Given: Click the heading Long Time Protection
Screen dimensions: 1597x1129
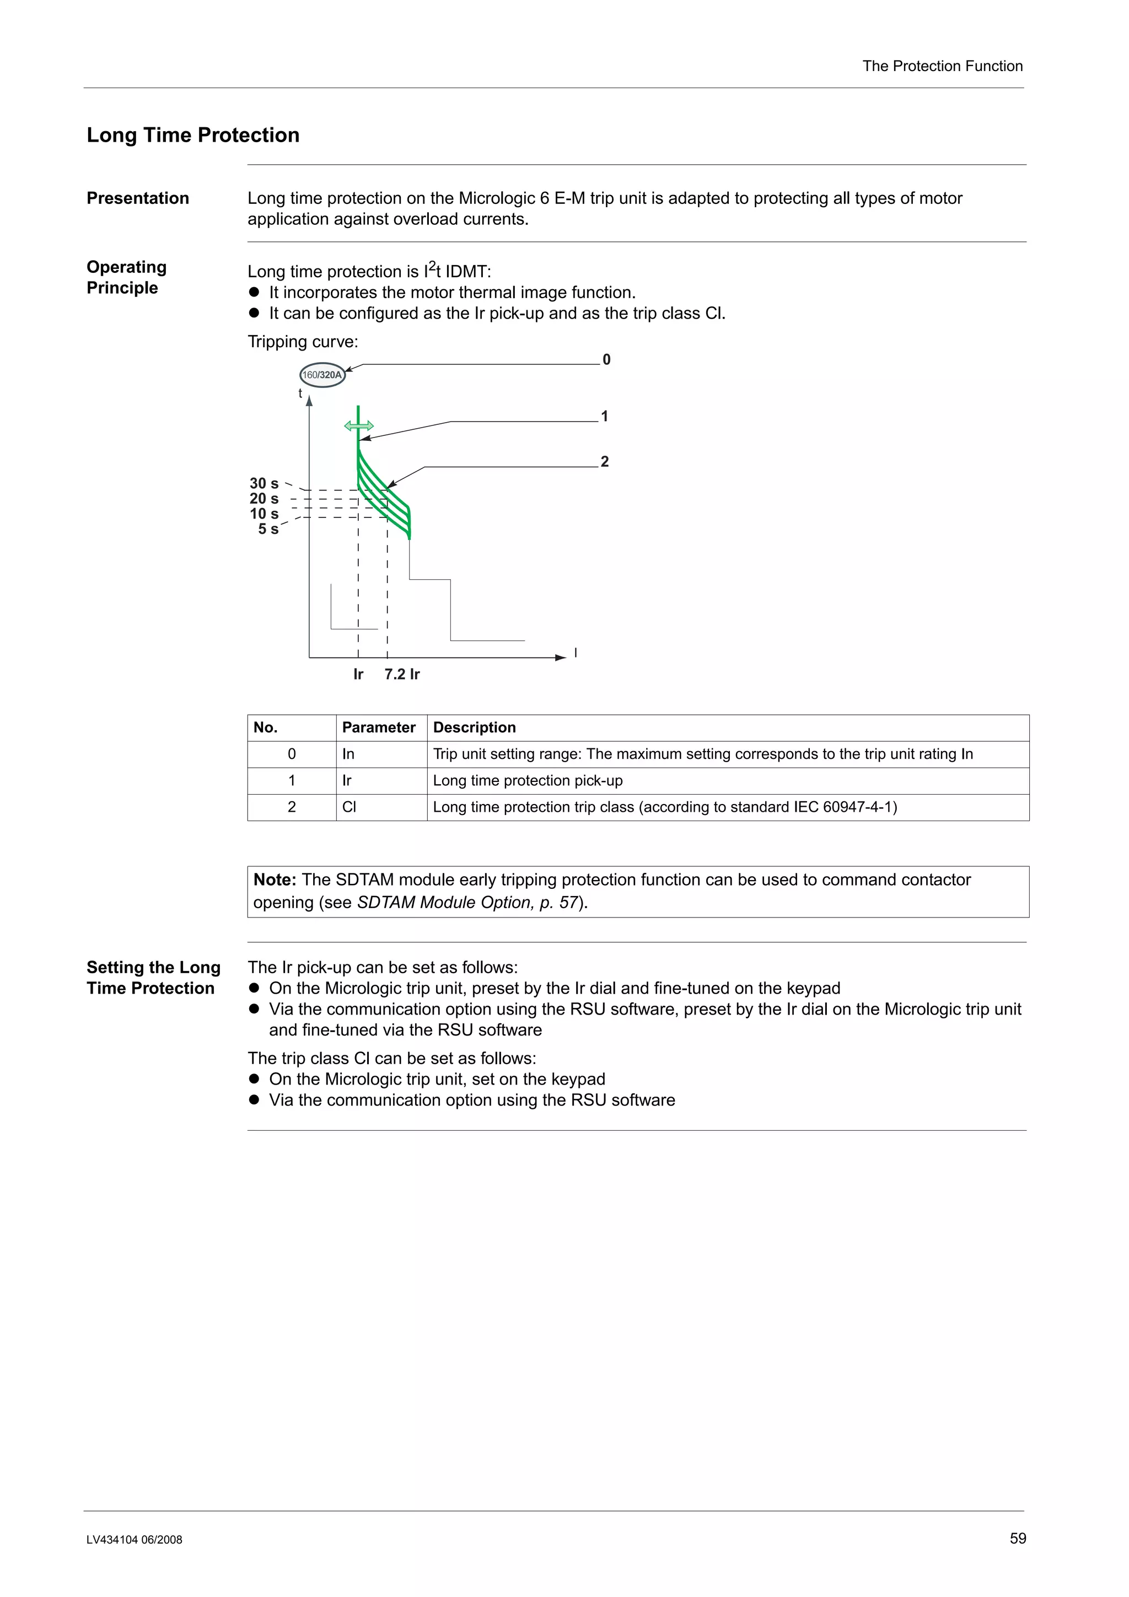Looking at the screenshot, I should point(193,135).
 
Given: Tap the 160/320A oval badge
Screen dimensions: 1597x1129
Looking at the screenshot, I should point(322,375).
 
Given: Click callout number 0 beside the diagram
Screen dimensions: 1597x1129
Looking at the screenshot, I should point(606,360).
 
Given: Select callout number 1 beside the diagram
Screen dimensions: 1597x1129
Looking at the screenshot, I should point(605,416).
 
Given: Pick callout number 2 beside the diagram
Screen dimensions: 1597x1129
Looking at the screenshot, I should point(605,461).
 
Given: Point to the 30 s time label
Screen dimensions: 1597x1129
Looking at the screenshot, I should point(264,483).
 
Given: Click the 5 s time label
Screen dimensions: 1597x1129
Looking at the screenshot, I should point(268,530).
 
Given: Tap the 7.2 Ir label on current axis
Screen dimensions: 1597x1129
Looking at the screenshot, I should point(402,674).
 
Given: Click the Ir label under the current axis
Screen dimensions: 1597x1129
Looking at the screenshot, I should point(358,674).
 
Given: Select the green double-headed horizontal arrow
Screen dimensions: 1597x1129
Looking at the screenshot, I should point(359,425).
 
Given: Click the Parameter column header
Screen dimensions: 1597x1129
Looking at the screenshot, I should point(378,727).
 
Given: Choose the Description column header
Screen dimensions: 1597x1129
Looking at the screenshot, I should point(475,727).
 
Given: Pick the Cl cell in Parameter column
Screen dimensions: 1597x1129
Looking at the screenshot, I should point(349,807).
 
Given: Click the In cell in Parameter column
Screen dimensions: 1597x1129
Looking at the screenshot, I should point(348,754).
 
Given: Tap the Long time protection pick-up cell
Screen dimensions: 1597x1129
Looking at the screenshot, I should point(527,780).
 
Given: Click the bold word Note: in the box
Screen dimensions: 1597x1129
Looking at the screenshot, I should point(275,880).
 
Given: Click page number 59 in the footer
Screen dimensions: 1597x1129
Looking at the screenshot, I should point(1018,1539).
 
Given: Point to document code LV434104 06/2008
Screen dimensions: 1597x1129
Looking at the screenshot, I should point(135,1540).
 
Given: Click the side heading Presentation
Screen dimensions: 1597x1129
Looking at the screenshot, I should point(138,198).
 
